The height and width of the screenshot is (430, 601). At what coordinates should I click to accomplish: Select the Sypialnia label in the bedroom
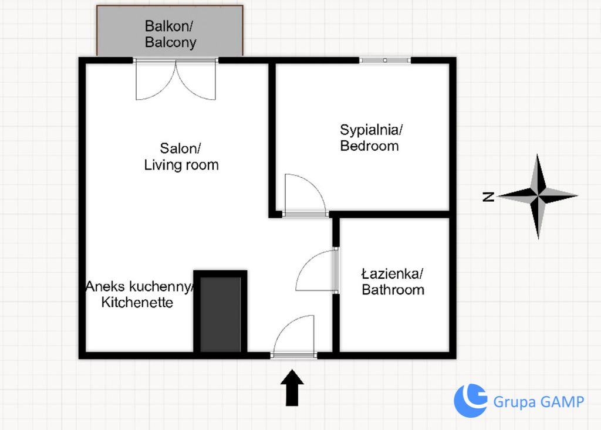pos(371,130)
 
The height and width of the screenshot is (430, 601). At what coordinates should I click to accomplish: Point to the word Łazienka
pos(392,273)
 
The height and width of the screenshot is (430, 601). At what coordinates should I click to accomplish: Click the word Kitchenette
pos(137,302)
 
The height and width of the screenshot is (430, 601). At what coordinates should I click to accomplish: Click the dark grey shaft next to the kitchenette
pos(221,314)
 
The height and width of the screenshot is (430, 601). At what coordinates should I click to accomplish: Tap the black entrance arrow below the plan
pos(292,387)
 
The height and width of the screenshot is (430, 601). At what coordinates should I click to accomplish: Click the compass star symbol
pos(538,196)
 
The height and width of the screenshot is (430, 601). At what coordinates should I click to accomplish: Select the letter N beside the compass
pos(488,197)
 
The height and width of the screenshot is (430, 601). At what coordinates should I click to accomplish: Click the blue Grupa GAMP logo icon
pos(471,401)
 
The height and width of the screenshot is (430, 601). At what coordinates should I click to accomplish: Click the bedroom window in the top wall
pos(385,60)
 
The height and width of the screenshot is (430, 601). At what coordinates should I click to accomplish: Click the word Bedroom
pos(370,146)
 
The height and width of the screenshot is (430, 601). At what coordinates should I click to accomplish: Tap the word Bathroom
pos(393,290)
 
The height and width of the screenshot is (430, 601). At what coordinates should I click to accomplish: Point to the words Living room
pos(181,165)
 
